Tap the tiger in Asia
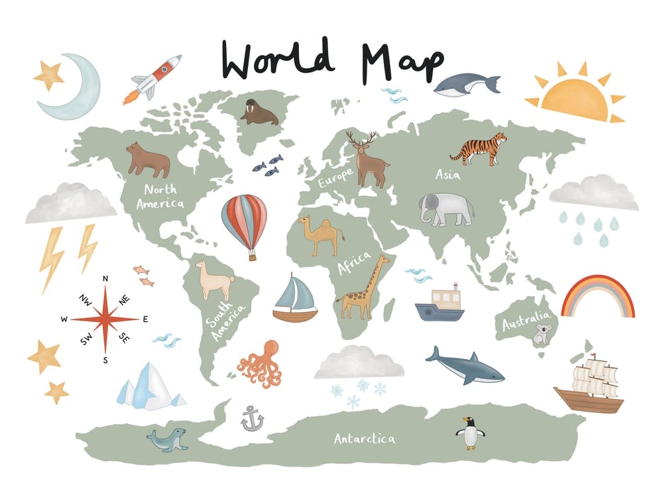479,148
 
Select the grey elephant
446,209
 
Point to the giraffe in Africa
363,289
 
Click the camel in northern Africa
321,235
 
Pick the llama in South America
214,280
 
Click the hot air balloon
244,221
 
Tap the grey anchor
252,419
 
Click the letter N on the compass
105,278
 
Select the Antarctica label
365,439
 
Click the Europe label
335,176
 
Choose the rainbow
597,296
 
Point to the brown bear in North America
148,160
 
